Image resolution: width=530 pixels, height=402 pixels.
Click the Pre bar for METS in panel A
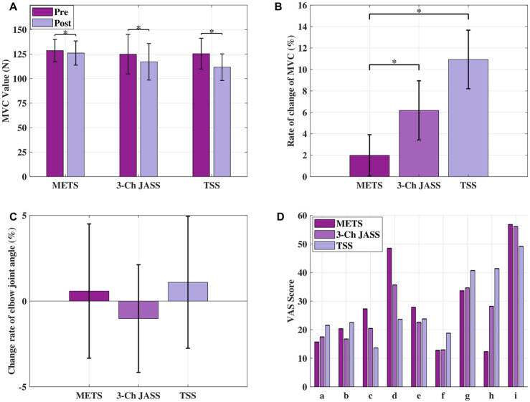[x=55, y=113]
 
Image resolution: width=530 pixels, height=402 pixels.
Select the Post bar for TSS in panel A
[x=222, y=122]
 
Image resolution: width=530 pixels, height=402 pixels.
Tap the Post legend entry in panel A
[x=52, y=23]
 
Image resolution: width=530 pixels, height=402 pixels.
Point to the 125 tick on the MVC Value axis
[x=22, y=54]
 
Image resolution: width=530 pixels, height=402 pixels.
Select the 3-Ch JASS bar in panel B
[x=419, y=143]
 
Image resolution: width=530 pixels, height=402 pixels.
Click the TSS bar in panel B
[x=468, y=118]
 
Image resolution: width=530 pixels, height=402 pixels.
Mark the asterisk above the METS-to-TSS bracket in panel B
[x=419, y=11]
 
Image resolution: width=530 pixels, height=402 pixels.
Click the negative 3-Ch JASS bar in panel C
[x=138, y=310]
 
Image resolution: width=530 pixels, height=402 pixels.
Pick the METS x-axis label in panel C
[x=89, y=395]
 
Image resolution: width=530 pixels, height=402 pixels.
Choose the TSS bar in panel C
[x=188, y=292]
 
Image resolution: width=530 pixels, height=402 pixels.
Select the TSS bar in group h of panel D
[x=496, y=327]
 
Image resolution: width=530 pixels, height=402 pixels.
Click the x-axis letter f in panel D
[x=443, y=396]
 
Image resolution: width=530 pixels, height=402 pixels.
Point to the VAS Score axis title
[x=291, y=302]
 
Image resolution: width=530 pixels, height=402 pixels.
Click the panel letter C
[x=11, y=216]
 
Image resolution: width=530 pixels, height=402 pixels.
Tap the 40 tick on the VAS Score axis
[x=303, y=272]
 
